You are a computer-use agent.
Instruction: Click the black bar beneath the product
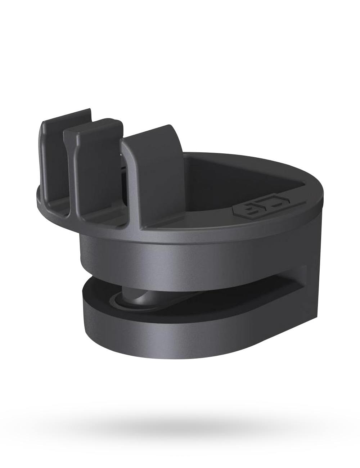(x=180, y=432)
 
